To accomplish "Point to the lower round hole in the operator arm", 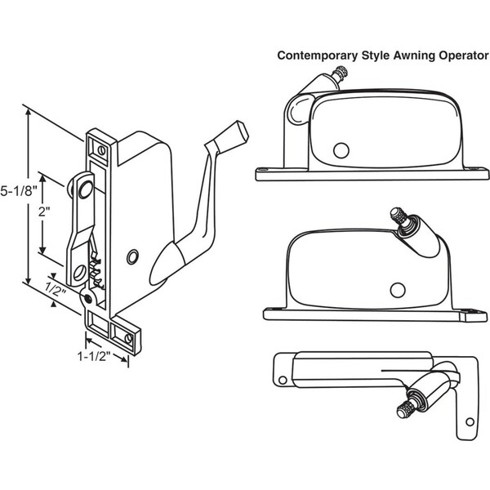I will click(x=82, y=269).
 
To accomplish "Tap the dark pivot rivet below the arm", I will click(x=87, y=298).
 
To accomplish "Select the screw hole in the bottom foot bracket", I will click(x=128, y=336).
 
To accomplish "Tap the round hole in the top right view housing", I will click(x=341, y=149).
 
